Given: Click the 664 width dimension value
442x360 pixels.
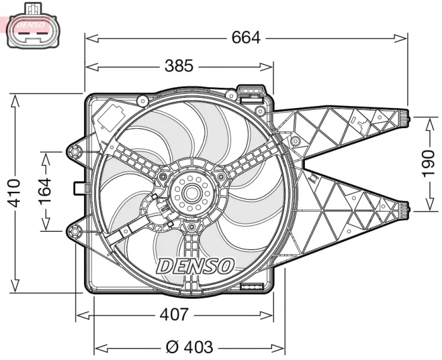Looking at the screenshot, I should [246, 38].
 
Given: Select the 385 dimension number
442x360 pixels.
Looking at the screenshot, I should [179, 66].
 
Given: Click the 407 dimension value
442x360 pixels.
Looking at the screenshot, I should [174, 314].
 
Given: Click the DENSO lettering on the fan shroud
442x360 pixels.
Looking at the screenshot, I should [195, 265].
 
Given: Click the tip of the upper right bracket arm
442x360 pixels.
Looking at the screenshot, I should [407, 117].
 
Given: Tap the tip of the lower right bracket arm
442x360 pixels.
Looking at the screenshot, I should [407, 206].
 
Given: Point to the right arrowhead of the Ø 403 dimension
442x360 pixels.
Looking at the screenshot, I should [283, 347].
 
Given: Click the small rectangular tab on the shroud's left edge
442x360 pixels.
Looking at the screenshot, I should [80, 188].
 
